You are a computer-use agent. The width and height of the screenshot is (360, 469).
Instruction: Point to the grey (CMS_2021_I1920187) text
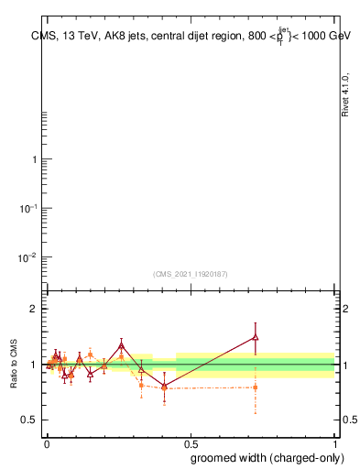point(191,274)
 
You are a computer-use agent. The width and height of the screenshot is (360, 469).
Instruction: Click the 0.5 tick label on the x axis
point(191,442)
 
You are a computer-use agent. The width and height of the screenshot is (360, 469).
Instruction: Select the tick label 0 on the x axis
point(47,442)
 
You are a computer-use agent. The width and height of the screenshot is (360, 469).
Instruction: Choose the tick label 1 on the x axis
point(335,442)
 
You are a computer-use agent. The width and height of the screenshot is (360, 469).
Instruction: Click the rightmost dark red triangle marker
point(256,337)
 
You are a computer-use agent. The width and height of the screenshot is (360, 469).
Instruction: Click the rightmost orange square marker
point(256,387)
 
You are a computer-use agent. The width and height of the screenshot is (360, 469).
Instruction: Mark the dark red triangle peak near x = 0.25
point(122,346)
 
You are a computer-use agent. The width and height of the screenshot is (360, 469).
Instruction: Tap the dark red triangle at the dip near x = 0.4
point(164,386)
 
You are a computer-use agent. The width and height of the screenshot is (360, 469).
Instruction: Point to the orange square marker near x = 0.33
point(141,386)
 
